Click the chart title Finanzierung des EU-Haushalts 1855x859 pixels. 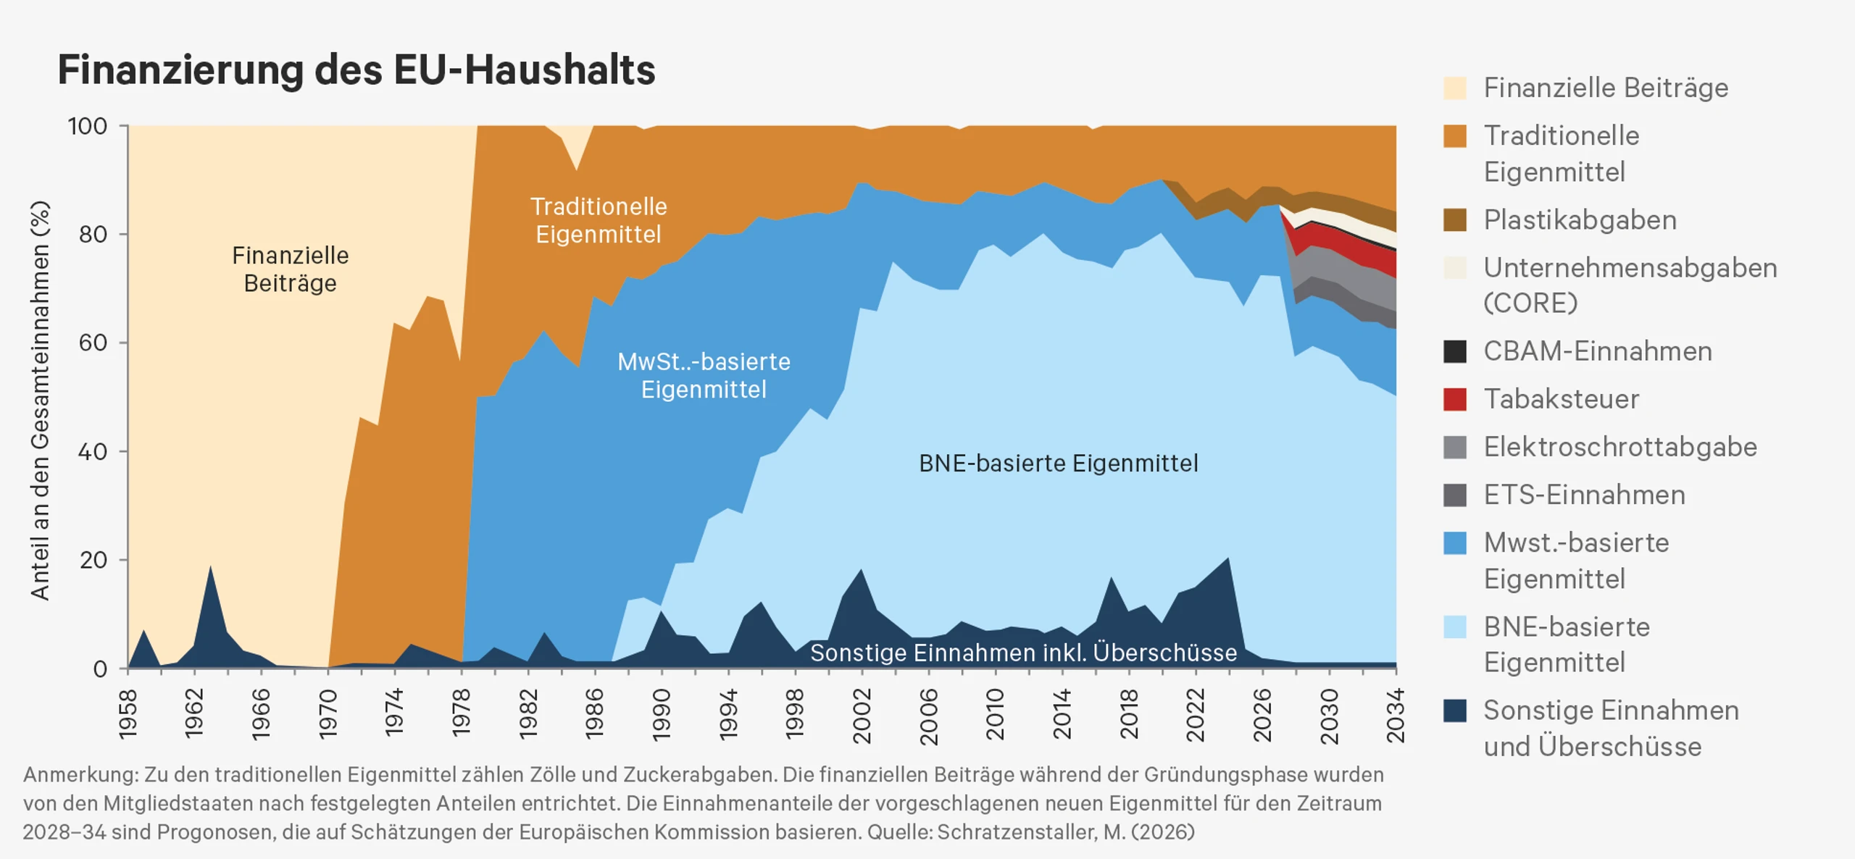click(357, 71)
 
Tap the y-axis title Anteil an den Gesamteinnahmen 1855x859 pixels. click(41, 401)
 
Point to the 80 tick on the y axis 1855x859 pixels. click(93, 234)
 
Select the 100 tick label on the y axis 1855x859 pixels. click(88, 126)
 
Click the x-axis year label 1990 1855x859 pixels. click(662, 715)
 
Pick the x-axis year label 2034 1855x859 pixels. click(1396, 716)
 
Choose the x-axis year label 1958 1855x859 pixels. click(128, 714)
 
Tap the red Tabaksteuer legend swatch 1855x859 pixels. click(1455, 399)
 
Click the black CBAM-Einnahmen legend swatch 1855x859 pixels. click(1455, 351)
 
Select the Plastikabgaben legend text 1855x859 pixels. click(1580, 219)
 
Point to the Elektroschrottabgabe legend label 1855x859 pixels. click(1620, 447)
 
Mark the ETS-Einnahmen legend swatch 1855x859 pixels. click(1455, 495)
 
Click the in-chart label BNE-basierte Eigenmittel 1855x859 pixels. click(1059, 463)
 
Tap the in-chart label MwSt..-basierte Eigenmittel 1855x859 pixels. click(704, 375)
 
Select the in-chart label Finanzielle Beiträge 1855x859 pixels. click(290, 269)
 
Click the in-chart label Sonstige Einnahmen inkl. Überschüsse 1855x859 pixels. click(1023, 653)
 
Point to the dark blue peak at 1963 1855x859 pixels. click(210, 566)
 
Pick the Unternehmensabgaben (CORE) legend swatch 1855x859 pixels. click(1455, 267)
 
